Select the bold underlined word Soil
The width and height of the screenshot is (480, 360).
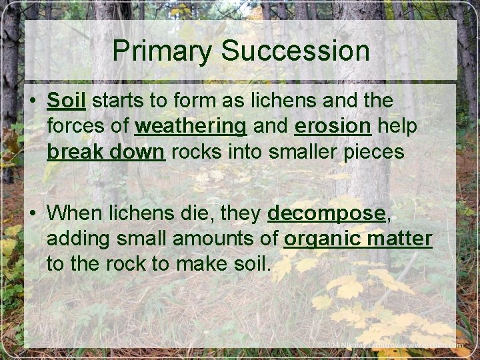[67, 101]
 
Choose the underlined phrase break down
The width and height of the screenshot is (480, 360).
[105, 152]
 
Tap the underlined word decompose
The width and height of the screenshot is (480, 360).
[327, 213]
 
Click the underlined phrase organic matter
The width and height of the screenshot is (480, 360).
[357, 239]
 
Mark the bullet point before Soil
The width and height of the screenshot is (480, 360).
[31, 102]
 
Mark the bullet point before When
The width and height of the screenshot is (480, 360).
[31, 213]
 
